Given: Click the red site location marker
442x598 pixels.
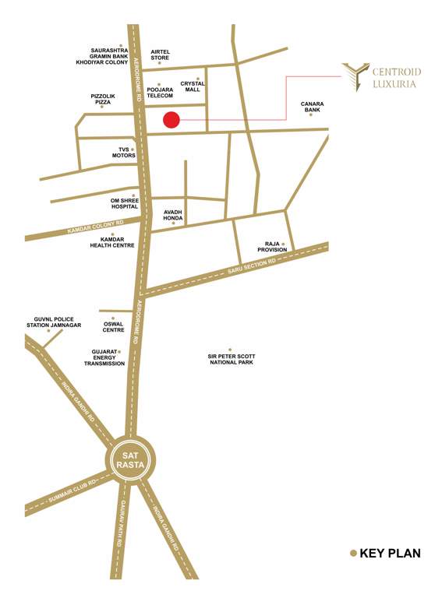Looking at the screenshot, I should [x=171, y=120].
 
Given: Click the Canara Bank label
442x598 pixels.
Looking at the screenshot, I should [x=312, y=107].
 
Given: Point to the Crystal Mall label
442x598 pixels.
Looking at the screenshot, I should [x=193, y=86].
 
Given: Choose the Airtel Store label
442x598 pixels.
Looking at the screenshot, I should [x=160, y=55].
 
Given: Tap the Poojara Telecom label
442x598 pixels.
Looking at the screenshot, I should [x=159, y=93].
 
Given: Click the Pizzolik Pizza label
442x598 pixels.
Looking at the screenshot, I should [x=102, y=99].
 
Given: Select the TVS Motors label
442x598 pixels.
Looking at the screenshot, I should [x=122, y=152].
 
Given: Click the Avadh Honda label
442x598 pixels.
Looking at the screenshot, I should [x=173, y=215].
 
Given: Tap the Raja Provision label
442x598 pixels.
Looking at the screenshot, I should [x=272, y=247].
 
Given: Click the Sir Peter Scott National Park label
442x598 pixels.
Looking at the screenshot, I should [x=231, y=359].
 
